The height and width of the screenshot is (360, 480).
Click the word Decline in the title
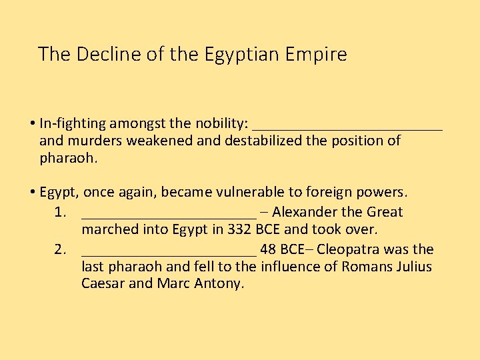pyautogui.click(x=103, y=54)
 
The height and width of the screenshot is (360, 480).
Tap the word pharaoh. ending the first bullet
pyautogui.click(x=69, y=159)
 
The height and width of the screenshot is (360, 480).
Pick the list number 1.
pyautogui.click(x=60, y=213)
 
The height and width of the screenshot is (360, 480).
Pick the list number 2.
pyautogui.click(x=60, y=250)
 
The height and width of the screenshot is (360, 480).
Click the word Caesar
pyautogui.click(x=103, y=284)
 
